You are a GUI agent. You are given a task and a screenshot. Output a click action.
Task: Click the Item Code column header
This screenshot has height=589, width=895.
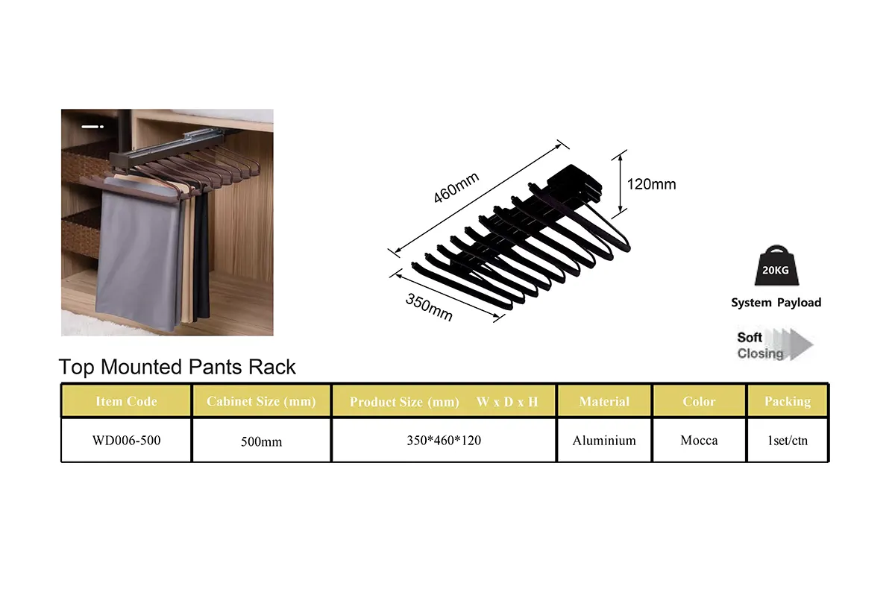[x=126, y=401]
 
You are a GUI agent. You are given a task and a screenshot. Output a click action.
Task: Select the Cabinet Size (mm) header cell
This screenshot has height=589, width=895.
[x=261, y=401]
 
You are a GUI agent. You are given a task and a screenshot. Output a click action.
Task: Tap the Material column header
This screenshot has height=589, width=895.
[x=604, y=401]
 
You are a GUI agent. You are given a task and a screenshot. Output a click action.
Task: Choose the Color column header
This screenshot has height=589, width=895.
[x=699, y=401]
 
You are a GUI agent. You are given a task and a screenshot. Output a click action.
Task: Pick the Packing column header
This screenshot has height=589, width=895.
[x=788, y=401]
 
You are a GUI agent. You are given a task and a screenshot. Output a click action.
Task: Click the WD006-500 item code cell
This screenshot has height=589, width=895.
[x=126, y=440]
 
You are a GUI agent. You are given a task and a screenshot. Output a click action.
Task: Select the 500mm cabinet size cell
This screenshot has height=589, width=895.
[x=261, y=441]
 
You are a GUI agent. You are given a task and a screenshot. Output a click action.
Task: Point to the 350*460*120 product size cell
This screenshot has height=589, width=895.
[x=444, y=440]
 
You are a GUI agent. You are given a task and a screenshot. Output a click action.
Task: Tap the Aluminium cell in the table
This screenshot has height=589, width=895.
[x=604, y=440]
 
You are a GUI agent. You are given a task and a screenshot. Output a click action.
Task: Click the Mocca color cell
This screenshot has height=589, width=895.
[x=699, y=440]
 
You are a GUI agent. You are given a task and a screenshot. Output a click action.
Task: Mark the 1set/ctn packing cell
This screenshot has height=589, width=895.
[x=788, y=440]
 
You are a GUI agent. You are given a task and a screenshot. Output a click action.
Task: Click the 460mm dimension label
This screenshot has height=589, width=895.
[x=456, y=187]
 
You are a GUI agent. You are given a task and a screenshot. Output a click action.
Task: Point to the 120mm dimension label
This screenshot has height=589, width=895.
[x=651, y=184]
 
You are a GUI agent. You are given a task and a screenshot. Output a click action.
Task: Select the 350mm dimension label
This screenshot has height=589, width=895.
[x=429, y=307]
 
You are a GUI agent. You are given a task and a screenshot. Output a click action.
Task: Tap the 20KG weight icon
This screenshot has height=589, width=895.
[x=776, y=265]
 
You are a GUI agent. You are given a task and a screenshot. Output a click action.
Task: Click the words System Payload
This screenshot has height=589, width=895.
[x=776, y=302]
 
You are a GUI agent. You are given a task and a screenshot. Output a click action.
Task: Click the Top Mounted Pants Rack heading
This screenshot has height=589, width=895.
[x=177, y=367]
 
